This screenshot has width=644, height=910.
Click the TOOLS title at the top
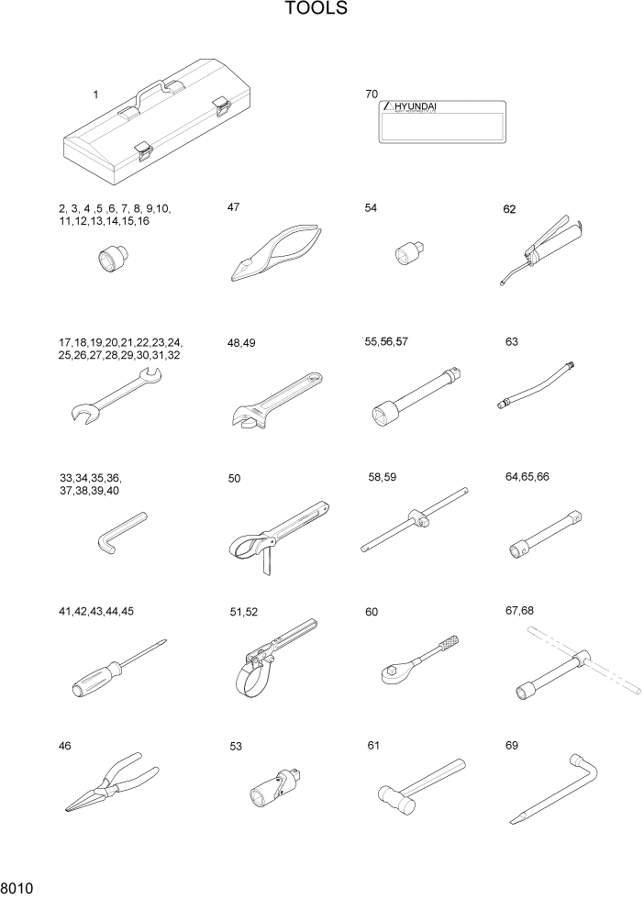tap(316, 9)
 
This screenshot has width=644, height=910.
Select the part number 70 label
tap(372, 94)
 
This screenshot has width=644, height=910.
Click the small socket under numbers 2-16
tap(113, 259)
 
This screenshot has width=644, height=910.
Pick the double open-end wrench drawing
tap(116, 395)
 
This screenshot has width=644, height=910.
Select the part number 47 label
tap(234, 207)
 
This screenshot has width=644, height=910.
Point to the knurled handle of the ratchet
tap(447, 650)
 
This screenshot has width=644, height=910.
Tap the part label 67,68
tap(518, 611)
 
